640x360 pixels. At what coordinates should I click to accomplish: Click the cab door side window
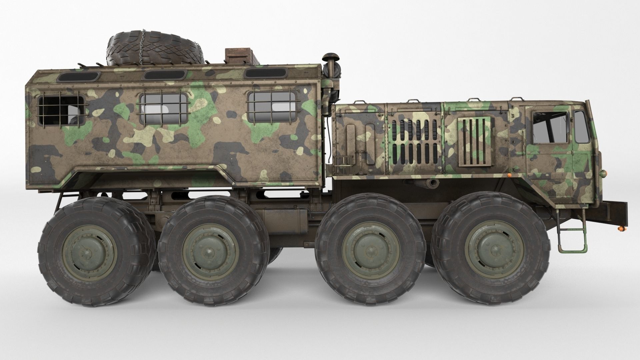549,128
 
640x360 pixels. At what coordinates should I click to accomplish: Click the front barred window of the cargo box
272,107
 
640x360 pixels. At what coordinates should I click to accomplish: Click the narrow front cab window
581,127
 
